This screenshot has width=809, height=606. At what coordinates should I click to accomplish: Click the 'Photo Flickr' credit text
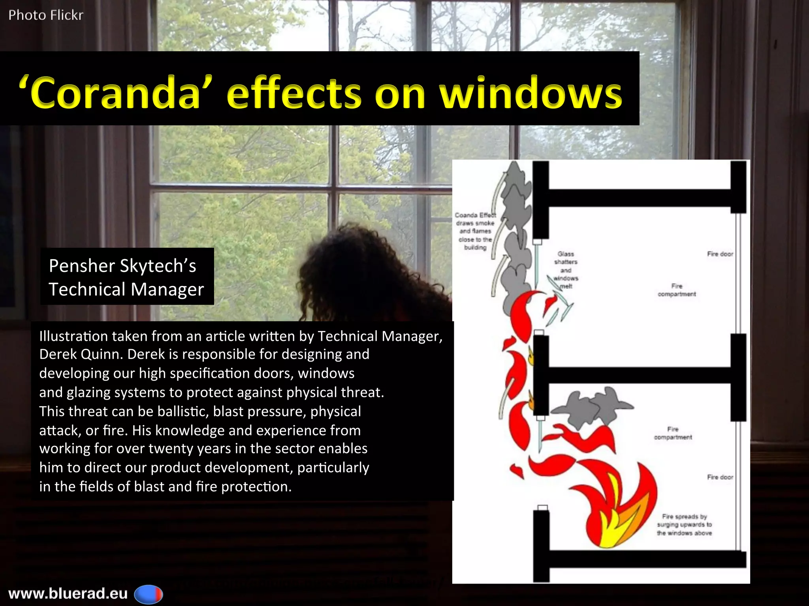click(x=46, y=15)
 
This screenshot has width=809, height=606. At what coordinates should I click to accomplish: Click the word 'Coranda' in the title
click(x=115, y=93)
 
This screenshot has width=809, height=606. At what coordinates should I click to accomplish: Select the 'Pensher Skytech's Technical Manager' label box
click(x=126, y=277)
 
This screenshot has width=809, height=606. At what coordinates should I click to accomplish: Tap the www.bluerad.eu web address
click(x=68, y=593)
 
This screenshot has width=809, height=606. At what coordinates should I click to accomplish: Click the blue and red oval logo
click(x=149, y=594)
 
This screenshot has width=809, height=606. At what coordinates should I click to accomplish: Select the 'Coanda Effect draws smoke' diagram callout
click(x=475, y=231)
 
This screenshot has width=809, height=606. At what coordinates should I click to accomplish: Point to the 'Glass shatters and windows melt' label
click(x=566, y=270)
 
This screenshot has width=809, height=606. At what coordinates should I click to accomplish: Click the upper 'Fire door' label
click(x=720, y=254)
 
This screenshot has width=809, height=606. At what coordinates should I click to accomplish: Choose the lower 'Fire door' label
click(x=720, y=477)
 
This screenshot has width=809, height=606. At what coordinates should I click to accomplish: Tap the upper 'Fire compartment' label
click(x=676, y=290)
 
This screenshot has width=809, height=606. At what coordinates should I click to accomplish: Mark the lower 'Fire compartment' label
click(x=673, y=433)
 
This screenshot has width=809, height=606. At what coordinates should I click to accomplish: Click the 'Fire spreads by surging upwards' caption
click(x=684, y=525)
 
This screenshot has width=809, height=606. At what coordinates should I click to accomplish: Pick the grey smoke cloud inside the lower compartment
click(x=593, y=410)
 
